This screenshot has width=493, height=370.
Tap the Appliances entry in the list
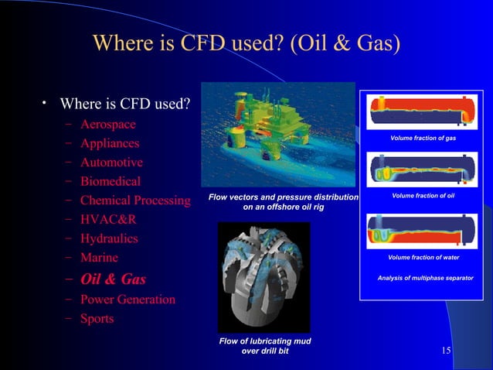(110, 143)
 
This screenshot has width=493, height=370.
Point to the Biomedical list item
(110, 182)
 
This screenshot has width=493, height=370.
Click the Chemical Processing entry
(135, 201)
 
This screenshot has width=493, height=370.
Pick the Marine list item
(99, 258)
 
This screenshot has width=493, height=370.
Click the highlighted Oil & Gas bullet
(113, 279)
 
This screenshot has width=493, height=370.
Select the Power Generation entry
(127, 299)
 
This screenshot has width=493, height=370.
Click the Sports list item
(97, 318)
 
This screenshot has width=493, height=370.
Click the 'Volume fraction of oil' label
(423, 195)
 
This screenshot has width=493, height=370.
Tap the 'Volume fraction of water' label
(423, 257)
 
